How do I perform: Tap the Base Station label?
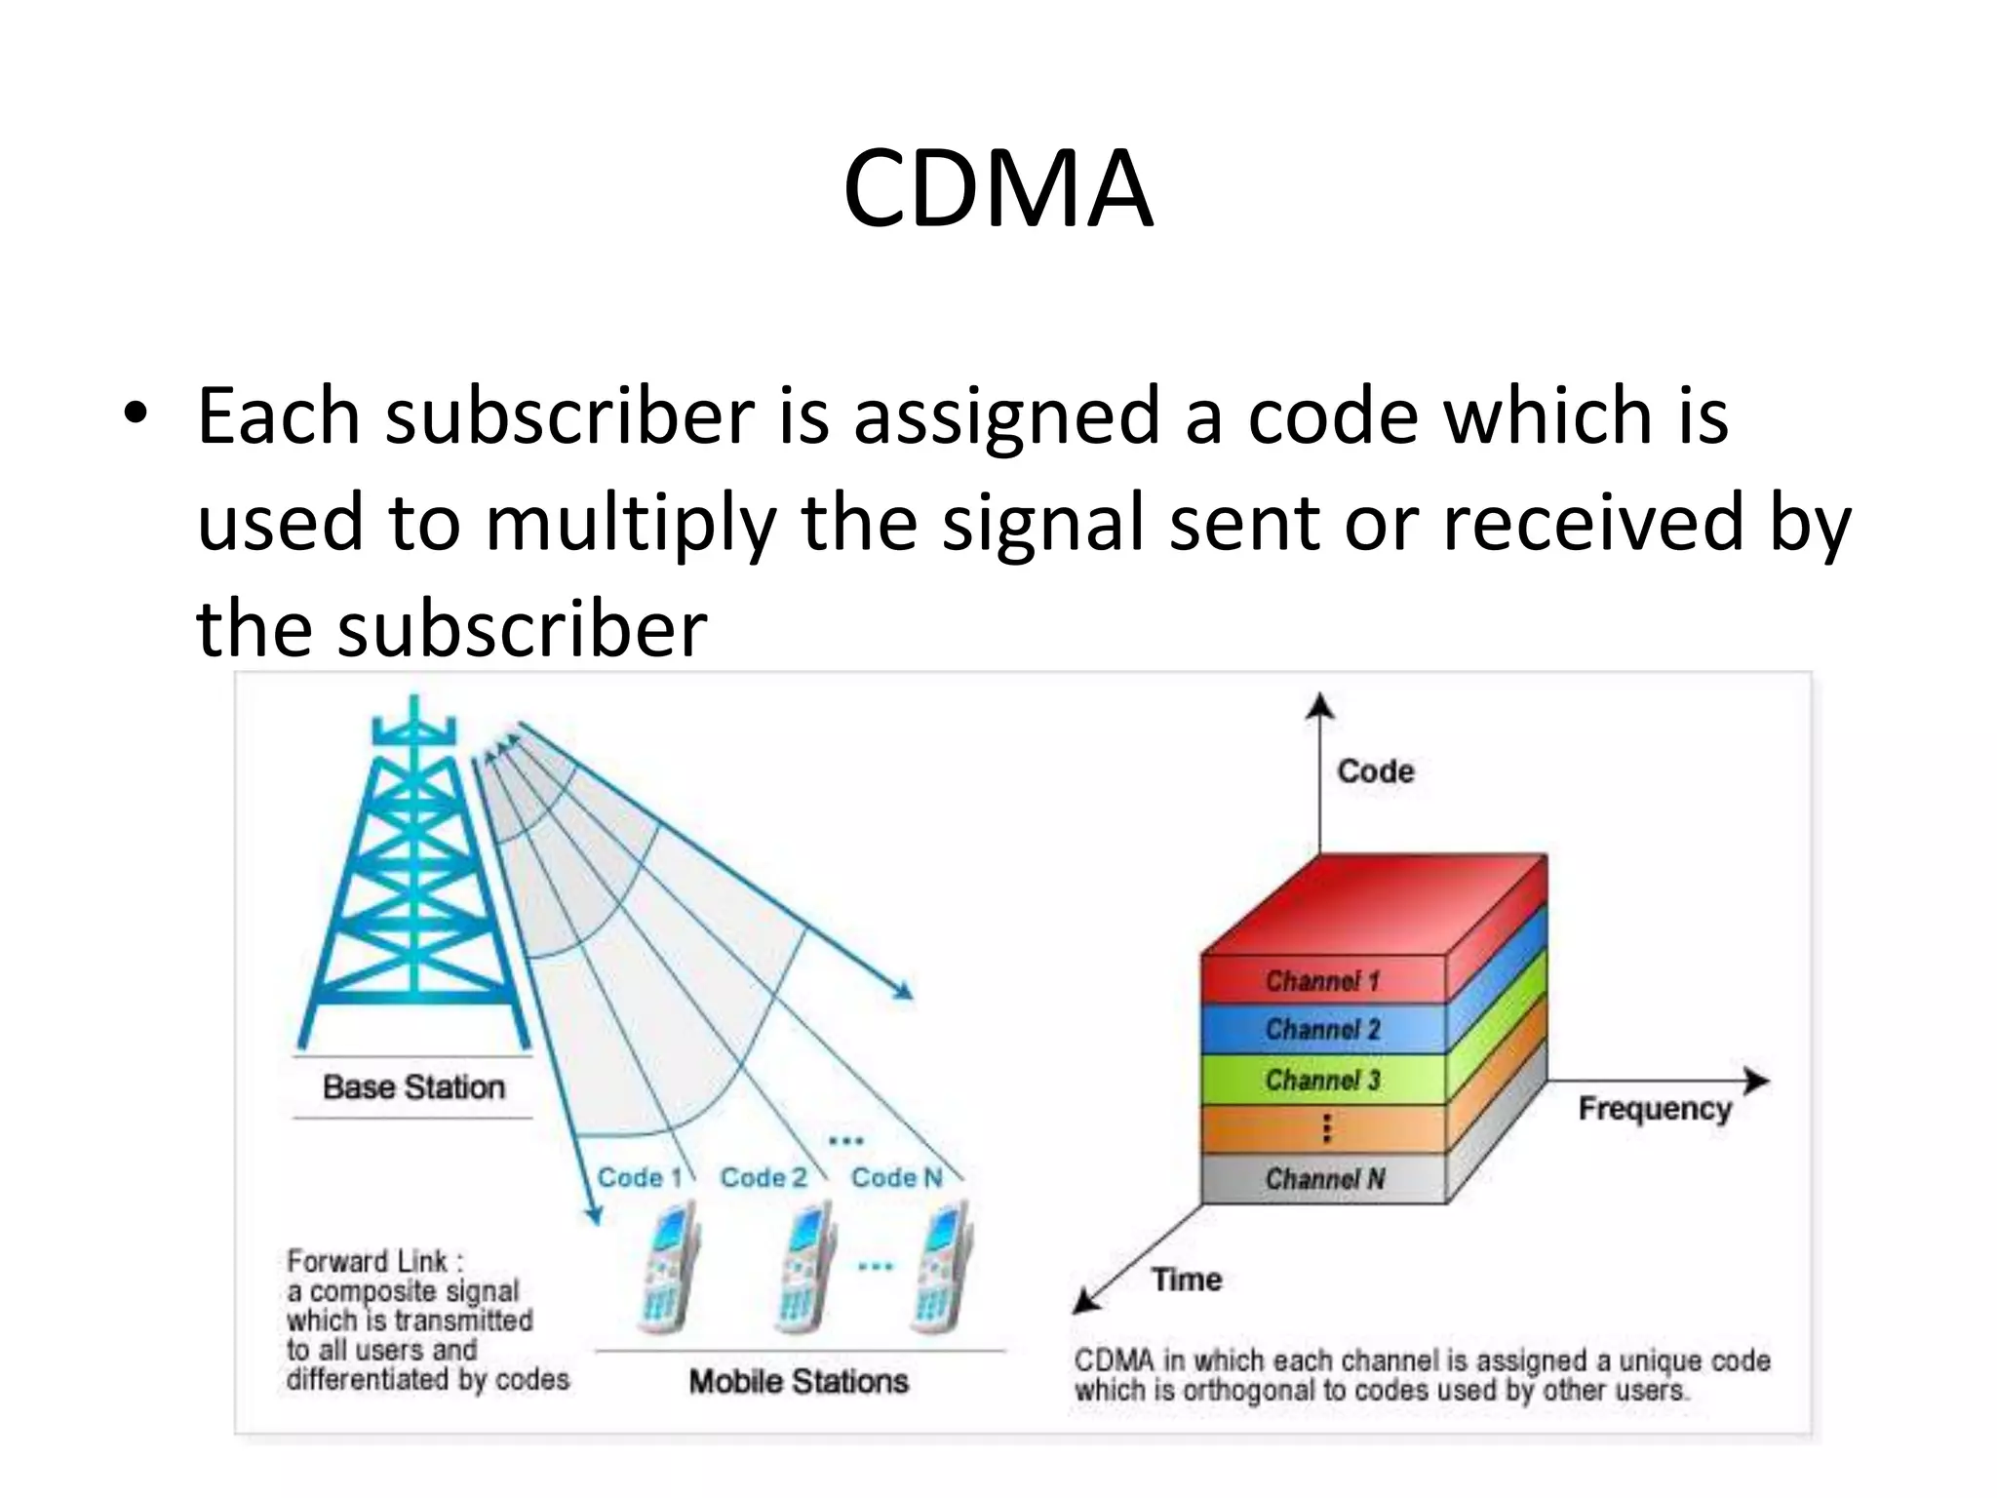point(413,1086)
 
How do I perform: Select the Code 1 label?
point(639,1177)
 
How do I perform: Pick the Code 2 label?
point(764,1177)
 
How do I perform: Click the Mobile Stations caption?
point(799,1381)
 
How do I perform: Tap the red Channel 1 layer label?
point(1322,980)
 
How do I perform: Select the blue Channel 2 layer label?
point(1322,1029)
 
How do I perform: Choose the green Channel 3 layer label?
point(1322,1080)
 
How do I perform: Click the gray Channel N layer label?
point(1324,1179)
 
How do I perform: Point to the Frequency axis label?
point(1655,1109)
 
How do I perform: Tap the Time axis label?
point(1187,1279)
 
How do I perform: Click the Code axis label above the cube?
point(1375,771)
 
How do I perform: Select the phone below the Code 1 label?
point(669,1268)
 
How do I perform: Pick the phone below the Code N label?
point(942,1268)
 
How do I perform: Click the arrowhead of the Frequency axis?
point(1757,1081)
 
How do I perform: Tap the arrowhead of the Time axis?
point(1084,1302)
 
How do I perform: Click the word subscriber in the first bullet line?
point(570,416)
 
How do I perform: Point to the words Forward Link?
point(367,1261)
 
